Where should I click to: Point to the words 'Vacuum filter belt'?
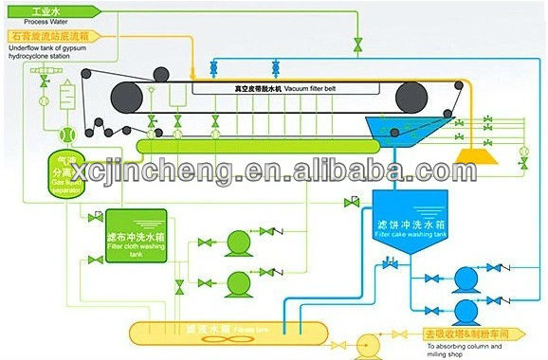[285, 87]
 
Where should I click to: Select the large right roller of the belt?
[418, 97]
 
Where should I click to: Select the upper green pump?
[236, 244]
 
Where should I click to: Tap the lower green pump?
[236, 282]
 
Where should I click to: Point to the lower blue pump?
[464, 311]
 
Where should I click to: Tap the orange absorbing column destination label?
[468, 333]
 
